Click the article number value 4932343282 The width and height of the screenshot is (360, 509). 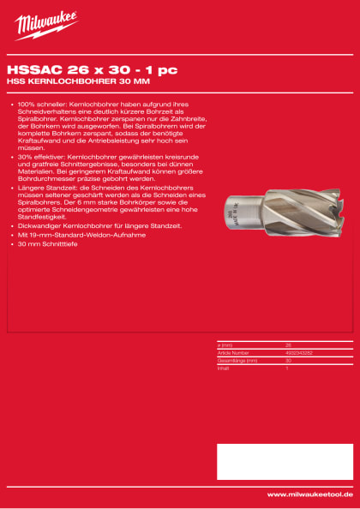pos(300,352)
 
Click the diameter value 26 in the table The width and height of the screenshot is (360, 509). pos(288,345)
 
